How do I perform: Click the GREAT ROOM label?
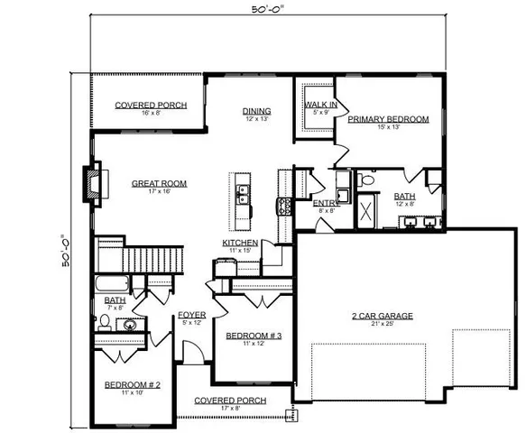(159, 183)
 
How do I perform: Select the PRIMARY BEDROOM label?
(388, 118)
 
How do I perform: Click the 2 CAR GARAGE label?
(383, 316)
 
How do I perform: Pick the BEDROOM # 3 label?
(254, 336)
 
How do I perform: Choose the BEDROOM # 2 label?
(132, 385)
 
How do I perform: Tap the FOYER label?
(191, 315)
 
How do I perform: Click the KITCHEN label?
(241, 243)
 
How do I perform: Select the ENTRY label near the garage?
(325, 203)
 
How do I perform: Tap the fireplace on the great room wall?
(93, 183)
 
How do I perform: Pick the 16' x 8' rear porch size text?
(151, 114)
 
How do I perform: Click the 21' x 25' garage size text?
(383, 325)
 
